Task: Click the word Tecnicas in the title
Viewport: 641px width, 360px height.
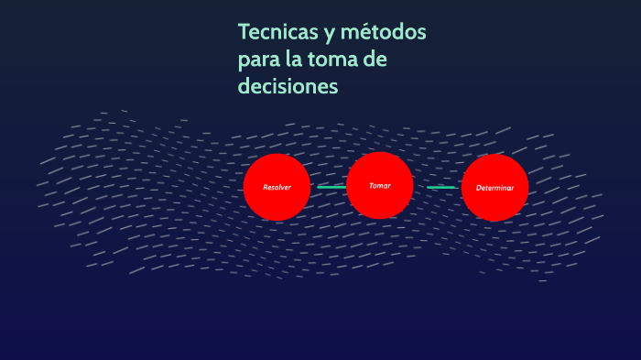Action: (x=277, y=33)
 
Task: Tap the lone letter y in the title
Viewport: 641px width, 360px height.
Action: (x=328, y=35)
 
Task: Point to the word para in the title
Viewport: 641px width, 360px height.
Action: (x=257, y=61)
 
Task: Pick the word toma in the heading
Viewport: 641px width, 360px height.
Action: (x=339, y=60)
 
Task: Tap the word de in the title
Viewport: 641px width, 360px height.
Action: (x=397, y=60)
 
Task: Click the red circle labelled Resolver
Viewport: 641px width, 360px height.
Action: (x=277, y=187)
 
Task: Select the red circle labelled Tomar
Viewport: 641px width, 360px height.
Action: (x=380, y=186)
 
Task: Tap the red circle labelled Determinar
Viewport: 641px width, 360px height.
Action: (x=495, y=187)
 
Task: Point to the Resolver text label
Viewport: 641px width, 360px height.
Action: (x=277, y=188)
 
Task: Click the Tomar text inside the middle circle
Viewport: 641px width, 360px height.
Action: (x=380, y=186)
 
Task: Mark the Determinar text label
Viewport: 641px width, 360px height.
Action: (x=495, y=188)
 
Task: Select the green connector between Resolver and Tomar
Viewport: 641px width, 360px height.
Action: (x=331, y=187)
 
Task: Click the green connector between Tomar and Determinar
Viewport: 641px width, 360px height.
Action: (x=441, y=187)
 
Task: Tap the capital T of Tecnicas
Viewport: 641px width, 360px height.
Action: (x=244, y=33)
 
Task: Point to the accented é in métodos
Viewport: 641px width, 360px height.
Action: (x=370, y=33)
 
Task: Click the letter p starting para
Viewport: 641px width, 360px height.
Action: (x=244, y=62)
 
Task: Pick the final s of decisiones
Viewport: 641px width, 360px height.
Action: (x=334, y=87)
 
